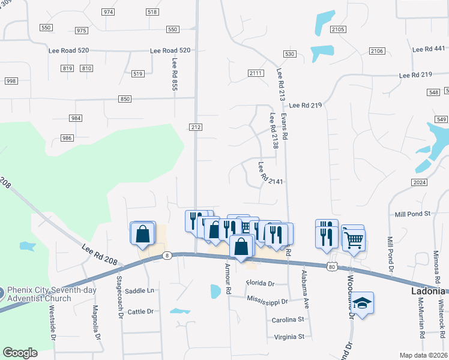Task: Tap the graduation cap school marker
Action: click(362, 302)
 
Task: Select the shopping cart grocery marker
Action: click(354, 239)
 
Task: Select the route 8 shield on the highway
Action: click(166, 256)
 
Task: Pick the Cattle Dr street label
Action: click(141, 311)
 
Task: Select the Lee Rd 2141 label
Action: click(270, 173)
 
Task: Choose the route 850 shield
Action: click(125, 99)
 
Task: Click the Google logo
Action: click(20, 353)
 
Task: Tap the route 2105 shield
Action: click(338, 29)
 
